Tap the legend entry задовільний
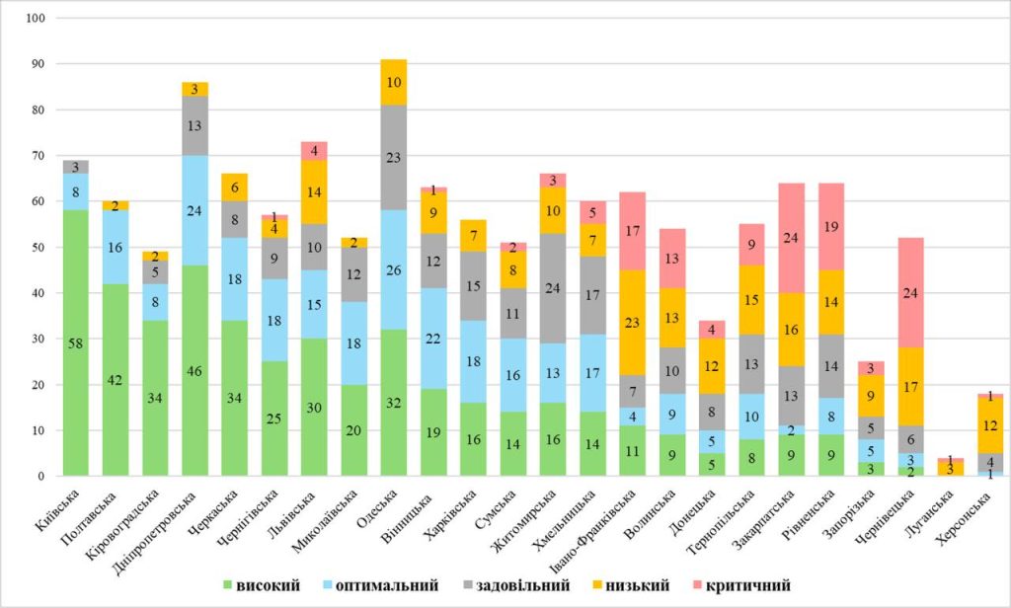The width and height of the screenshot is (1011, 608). [x=519, y=586]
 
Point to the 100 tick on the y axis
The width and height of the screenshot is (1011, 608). [x=38, y=19]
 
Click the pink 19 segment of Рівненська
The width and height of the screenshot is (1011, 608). [x=833, y=226]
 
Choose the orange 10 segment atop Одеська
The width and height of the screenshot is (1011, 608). [x=393, y=82]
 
